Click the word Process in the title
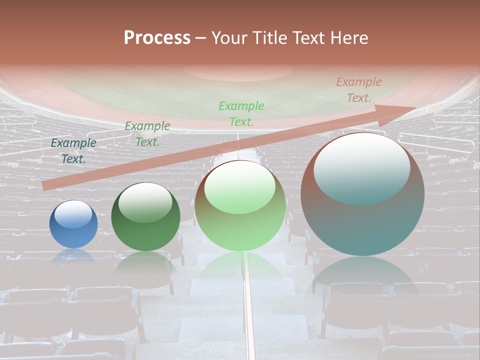point(157,38)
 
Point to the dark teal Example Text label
point(73,150)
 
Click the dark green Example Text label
point(147,133)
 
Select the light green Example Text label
point(241,113)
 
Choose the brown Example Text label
point(359,90)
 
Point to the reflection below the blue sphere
point(73,256)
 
